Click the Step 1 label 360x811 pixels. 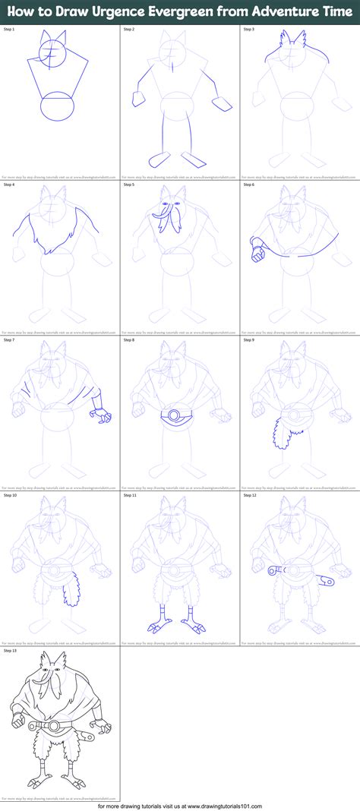pos(10,29)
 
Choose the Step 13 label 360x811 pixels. pos(11,650)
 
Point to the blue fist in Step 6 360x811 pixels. pos(257,247)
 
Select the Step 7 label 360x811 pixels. pos(10,339)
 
